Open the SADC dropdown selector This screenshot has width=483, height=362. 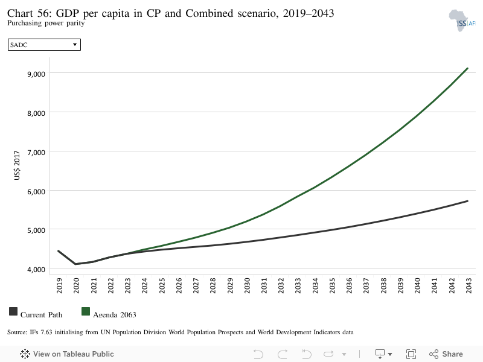coord(44,45)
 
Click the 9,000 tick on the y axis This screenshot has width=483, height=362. coord(36,74)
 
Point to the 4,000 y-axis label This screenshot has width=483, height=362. coord(36,270)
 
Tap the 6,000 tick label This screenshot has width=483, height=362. coord(36,192)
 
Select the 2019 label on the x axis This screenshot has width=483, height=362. coord(59,285)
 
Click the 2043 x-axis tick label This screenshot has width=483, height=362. coord(469,285)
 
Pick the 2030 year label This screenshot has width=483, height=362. coord(247,285)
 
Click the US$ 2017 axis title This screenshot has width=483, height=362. coord(17,165)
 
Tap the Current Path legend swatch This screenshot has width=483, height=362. coord(13,311)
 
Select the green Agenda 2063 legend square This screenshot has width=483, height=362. coord(86,311)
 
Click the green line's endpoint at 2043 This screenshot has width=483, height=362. coord(467,68)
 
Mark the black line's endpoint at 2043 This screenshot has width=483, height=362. coord(467,201)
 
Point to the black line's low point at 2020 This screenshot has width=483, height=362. coord(75,264)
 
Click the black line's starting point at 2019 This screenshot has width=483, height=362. coord(59,251)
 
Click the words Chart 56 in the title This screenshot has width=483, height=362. coord(29,13)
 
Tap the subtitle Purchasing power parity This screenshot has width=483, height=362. coord(46,23)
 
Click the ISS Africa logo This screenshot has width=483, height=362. coord(462,21)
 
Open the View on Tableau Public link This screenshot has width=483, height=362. coord(67,354)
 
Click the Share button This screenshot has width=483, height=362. coord(446,354)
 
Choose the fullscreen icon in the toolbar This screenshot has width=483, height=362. coord(411,354)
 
